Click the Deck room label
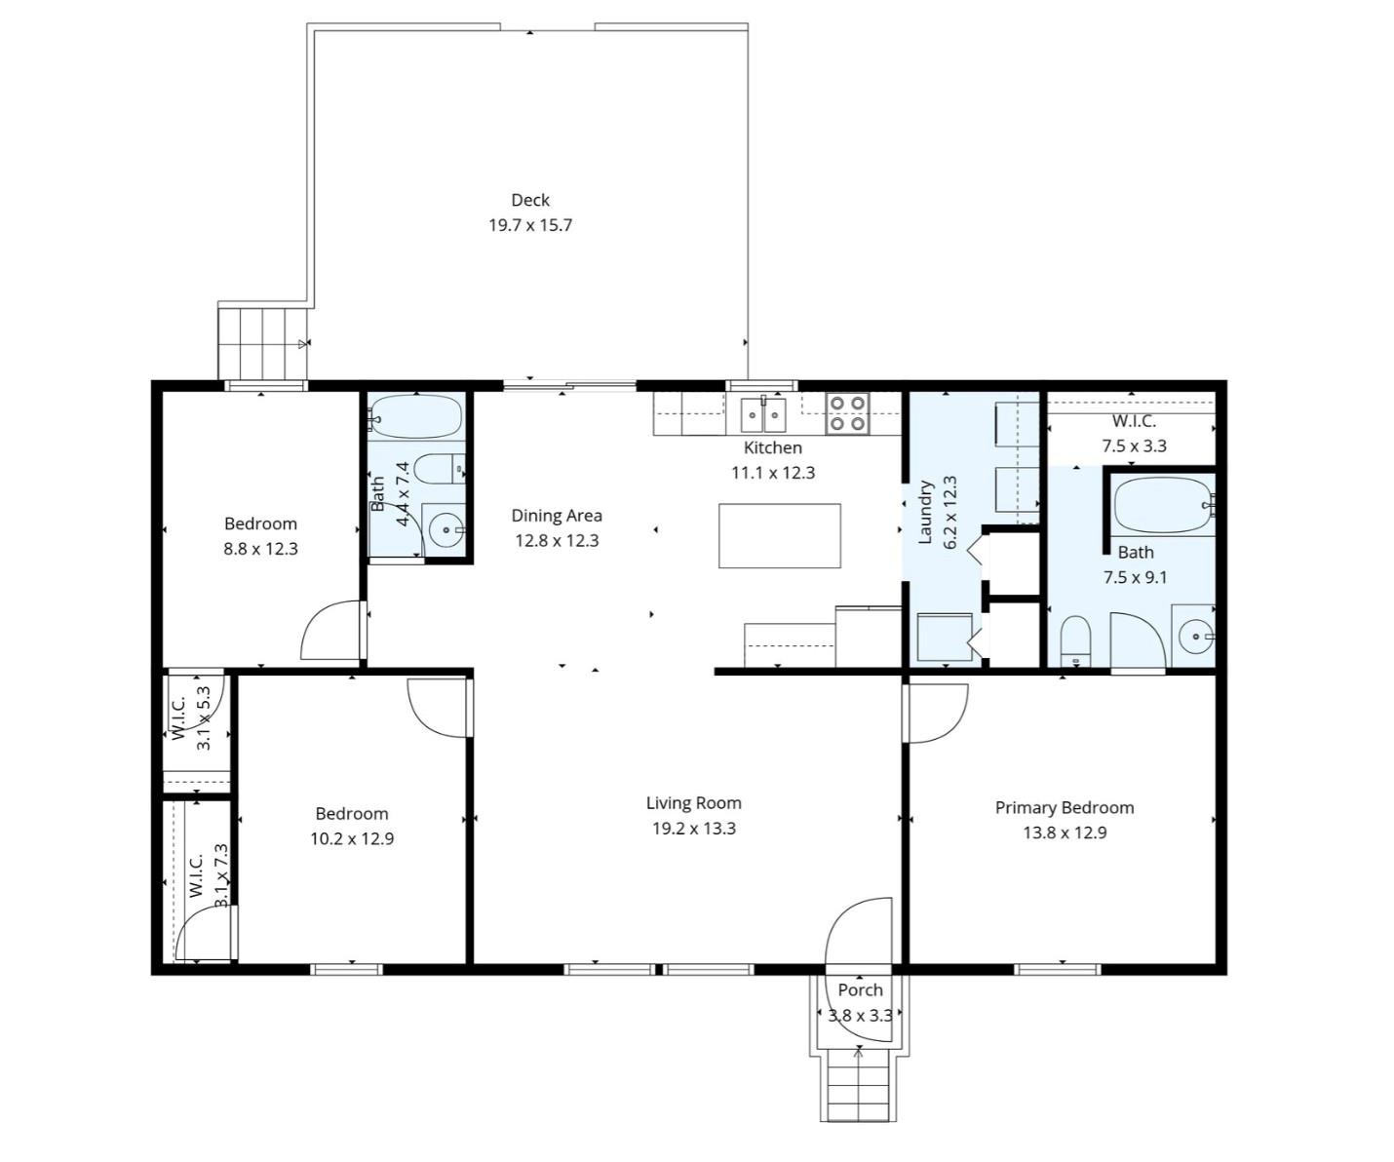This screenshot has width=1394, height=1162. [530, 200]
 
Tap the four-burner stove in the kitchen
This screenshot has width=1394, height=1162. [848, 413]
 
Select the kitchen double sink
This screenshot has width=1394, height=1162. [763, 415]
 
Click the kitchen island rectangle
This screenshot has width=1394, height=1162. [779, 535]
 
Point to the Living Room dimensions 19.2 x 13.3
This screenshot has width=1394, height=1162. [693, 829]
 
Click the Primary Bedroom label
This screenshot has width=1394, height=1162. [1064, 807]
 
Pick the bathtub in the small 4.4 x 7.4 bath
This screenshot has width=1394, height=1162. [416, 417]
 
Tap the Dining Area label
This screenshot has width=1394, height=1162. [557, 516]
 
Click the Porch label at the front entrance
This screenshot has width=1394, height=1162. [860, 989]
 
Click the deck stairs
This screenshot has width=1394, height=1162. [262, 342]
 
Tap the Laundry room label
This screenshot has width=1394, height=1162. [926, 512]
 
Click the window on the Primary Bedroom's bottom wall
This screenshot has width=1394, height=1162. [1057, 969]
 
